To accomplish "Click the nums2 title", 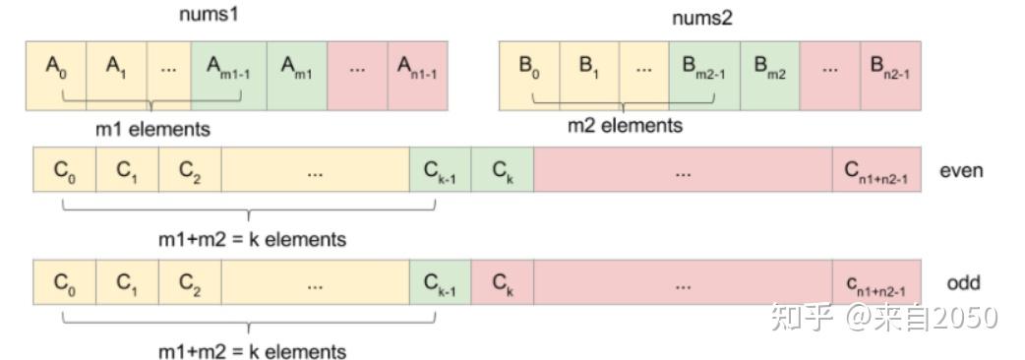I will pos(701,18).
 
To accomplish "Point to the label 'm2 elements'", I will pos(625,126).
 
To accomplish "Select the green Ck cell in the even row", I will pos(502,171).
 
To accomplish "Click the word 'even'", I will pos(961,170).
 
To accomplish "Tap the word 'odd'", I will pos(963,283).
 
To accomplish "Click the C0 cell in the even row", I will pos(64,171).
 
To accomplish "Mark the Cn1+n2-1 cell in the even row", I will pos(876,171).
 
